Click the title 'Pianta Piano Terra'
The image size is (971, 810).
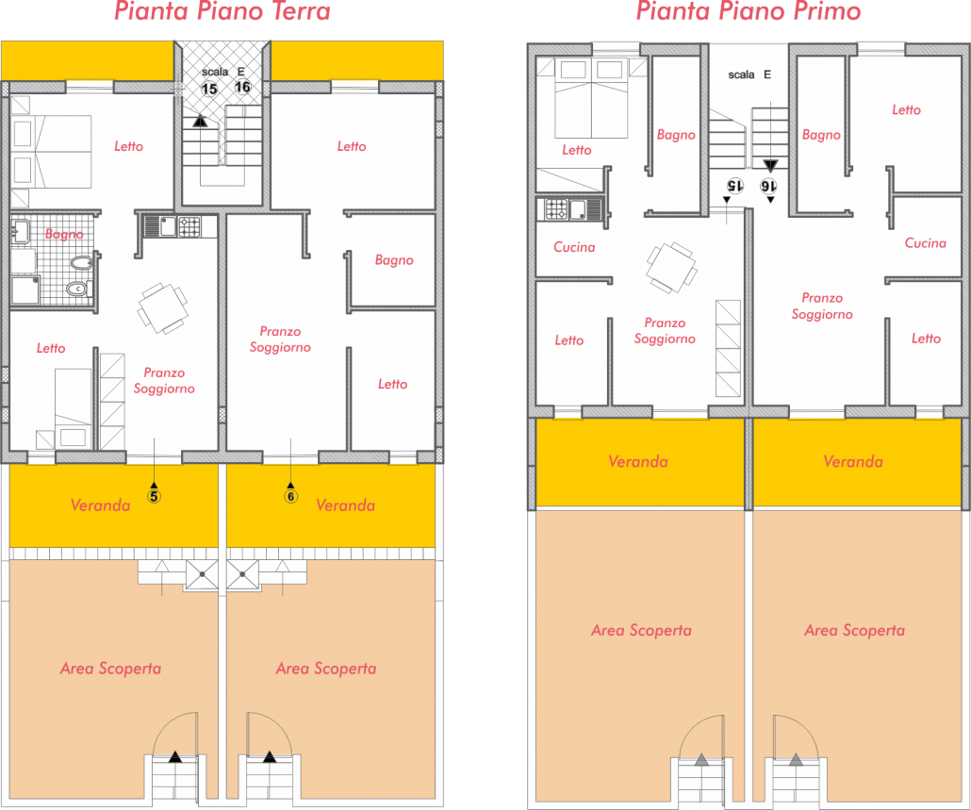[222, 11]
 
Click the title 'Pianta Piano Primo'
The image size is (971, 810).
[749, 11]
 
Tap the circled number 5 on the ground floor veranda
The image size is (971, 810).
[154, 496]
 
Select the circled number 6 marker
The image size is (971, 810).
[290, 496]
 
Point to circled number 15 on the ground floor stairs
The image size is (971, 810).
[209, 89]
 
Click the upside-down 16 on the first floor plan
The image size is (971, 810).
[768, 186]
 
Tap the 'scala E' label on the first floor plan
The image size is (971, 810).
[749, 74]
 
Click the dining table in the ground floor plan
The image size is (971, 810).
[163, 307]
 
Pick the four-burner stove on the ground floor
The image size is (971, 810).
[189, 226]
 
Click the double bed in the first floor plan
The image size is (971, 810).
[591, 98]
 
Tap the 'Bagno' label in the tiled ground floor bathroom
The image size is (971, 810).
[64, 234]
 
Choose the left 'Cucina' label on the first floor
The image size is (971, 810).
[574, 247]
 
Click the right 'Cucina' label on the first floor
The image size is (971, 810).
[925, 242]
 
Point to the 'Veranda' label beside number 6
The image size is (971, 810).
[346, 505]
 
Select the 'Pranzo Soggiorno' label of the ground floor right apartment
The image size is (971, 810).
[280, 339]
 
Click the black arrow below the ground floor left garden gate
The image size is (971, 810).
[175, 756]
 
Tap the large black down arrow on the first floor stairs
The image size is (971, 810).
[770, 165]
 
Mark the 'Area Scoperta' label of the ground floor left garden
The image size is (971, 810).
[111, 669]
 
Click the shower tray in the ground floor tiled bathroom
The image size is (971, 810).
[25, 291]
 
